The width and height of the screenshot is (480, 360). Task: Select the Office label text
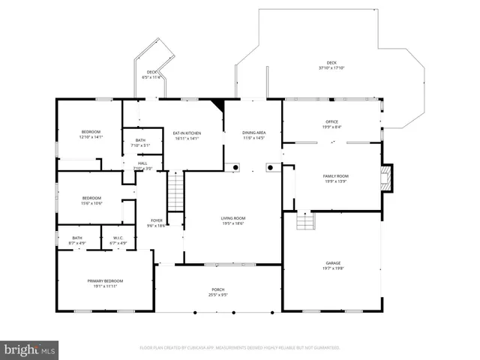click(x=332, y=124)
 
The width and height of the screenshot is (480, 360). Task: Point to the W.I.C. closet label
click(x=118, y=240)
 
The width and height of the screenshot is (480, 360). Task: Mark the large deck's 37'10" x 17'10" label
click(x=331, y=65)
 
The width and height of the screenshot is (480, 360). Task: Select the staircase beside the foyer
click(x=175, y=192)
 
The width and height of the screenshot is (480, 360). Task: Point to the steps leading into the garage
click(x=306, y=221)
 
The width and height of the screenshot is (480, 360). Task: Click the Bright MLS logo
click(x=30, y=349)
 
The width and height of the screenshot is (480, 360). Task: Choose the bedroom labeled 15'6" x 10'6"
click(x=91, y=200)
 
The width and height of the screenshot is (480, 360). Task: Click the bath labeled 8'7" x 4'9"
click(x=77, y=240)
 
